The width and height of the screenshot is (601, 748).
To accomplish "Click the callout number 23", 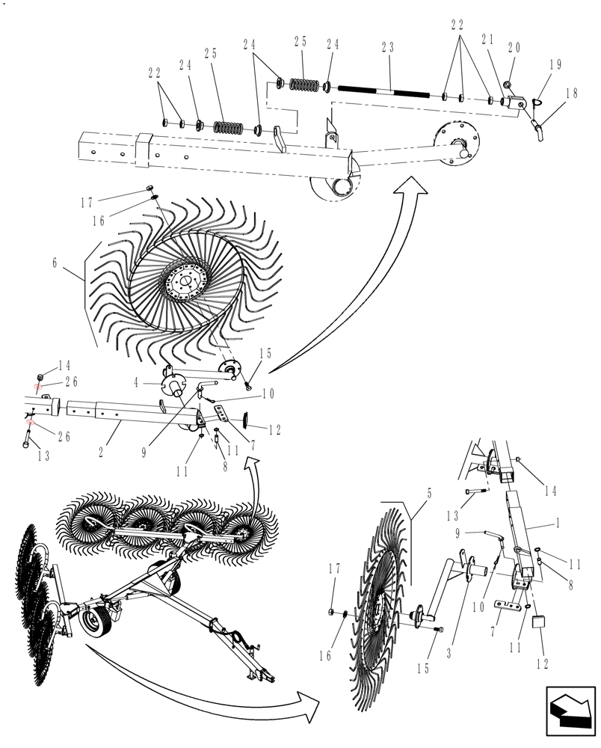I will coord(388,47).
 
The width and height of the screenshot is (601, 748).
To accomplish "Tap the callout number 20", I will coord(514,47).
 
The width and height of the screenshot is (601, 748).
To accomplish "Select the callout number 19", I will coord(555,65).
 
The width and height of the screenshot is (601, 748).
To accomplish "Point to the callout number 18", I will coord(571,93).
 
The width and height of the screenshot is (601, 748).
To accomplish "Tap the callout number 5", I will coord(429,494).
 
